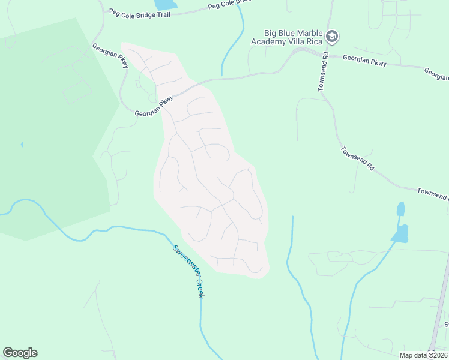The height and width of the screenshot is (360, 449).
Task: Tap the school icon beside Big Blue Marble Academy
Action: tap(332, 37)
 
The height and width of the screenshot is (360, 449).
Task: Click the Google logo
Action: tap(20, 353)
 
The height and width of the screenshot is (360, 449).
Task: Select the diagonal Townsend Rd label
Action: tap(358, 159)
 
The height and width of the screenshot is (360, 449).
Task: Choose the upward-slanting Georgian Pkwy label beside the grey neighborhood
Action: tap(154, 105)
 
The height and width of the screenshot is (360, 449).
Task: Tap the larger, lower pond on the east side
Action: tap(400, 233)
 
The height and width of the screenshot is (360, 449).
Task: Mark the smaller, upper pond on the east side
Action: tap(400, 209)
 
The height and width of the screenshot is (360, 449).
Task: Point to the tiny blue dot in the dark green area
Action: tap(22, 145)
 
